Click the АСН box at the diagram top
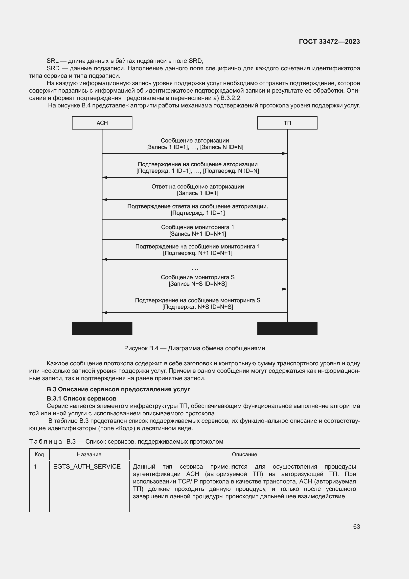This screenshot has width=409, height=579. point(102,123)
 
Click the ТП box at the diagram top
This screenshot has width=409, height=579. point(287,123)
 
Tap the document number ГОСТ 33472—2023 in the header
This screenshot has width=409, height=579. point(329,42)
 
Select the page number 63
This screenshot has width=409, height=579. point(356,527)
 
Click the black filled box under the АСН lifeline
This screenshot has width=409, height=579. point(102,328)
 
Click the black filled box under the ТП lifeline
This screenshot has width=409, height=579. point(287,328)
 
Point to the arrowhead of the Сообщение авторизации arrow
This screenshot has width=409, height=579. point(285,153)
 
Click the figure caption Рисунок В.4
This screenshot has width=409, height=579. point(194,348)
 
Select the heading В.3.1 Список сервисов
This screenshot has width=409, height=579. point(81,399)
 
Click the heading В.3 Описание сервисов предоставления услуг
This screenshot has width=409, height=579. point(118,389)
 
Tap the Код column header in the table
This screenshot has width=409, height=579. point(39,454)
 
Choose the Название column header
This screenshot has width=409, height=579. point(89,454)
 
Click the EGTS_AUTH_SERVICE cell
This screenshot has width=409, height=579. point(87,467)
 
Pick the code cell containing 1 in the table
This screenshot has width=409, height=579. point(35,467)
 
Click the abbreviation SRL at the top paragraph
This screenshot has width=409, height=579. point(52,61)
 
